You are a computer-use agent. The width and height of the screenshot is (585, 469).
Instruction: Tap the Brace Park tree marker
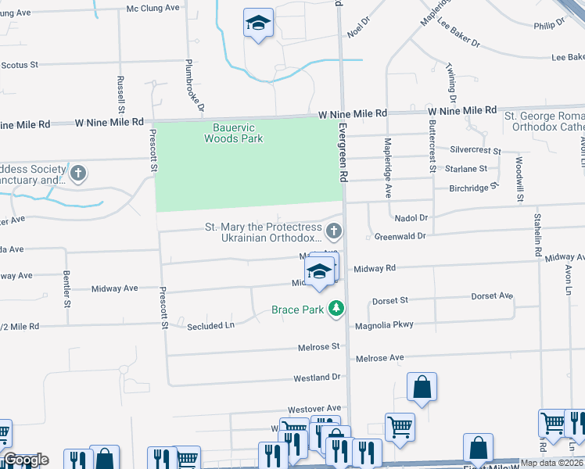[336, 310]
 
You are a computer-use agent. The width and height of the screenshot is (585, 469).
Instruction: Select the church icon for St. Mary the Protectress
[334, 231]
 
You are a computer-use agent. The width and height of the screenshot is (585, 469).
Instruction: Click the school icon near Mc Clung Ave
[257, 24]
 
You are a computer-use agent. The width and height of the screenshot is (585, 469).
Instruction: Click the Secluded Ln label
[210, 326]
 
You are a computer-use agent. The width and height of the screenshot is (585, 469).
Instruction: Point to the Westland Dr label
[318, 378]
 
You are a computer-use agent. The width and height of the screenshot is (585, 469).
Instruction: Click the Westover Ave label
[314, 409]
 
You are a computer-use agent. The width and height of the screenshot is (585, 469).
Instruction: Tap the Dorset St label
[390, 300]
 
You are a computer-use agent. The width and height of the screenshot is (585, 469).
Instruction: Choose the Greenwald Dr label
[400, 236]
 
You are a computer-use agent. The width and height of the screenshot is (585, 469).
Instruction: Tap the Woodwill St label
[519, 179]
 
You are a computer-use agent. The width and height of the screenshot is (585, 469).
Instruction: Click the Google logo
[27, 460]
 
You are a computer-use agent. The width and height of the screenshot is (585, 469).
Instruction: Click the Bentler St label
[66, 288]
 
